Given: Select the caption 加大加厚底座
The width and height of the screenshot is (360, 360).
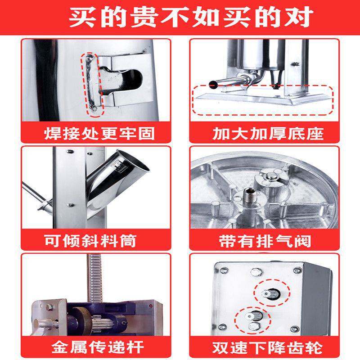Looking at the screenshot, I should pyautogui.click(x=268, y=133).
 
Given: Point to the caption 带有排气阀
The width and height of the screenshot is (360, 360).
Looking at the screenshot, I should pyautogui.click(x=268, y=241).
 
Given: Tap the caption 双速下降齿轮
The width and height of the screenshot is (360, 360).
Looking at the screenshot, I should pyautogui.click(x=268, y=347).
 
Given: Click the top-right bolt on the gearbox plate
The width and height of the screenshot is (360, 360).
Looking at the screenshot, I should pyautogui.click(x=297, y=270).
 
